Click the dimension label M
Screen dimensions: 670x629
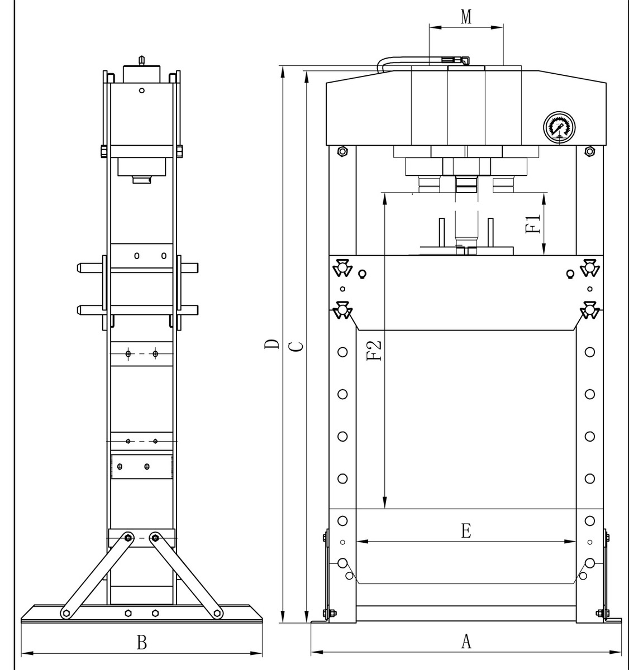pyautogui.click(x=466, y=17)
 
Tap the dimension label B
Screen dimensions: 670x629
pyautogui.click(x=142, y=642)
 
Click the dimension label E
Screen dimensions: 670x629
pyautogui.click(x=466, y=530)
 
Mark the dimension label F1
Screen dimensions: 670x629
pyautogui.click(x=534, y=224)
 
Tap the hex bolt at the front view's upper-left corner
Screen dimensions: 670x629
pyautogui.click(x=343, y=151)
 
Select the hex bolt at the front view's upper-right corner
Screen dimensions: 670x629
pyautogui.click(x=589, y=151)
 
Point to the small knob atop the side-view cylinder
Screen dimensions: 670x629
pyautogui.click(x=141, y=59)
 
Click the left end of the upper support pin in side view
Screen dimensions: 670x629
pyautogui.click(x=79, y=268)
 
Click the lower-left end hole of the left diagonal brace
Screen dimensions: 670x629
pyautogui.click(x=66, y=614)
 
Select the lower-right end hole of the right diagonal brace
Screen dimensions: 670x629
pyautogui.click(x=217, y=614)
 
